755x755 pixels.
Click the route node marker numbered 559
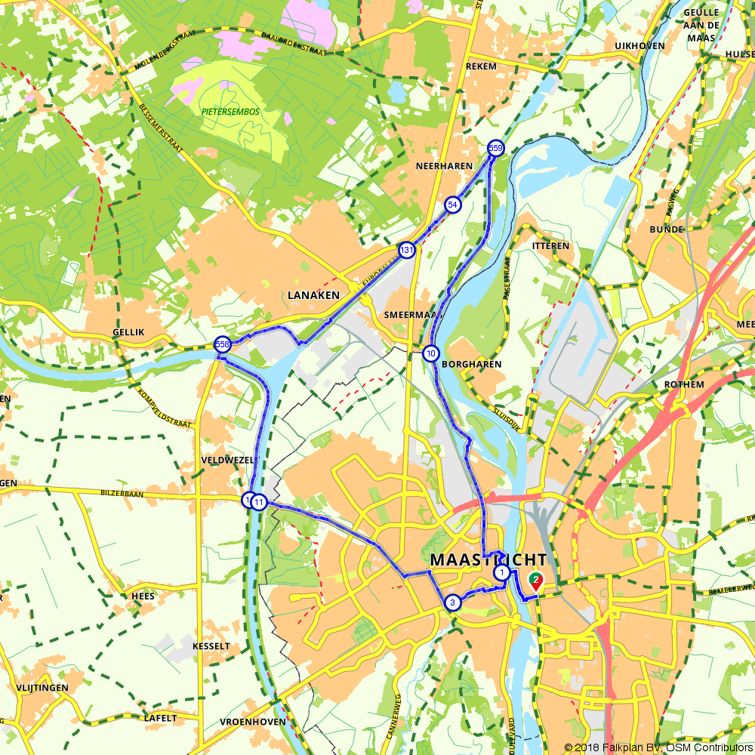pyautogui.click(x=495, y=148)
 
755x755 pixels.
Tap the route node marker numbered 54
pyautogui.click(x=452, y=205)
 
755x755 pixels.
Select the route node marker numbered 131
pyautogui.click(x=407, y=250)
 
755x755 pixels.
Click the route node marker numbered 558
pyautogui.click(x=222, y=344)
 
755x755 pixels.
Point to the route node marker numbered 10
pyautogui.click(x=430, y=353)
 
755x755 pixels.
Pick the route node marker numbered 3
pyautogui.click(x=452, y=602)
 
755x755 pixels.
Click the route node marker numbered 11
pyautogui.click(x=259, y=502)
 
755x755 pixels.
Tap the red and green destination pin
pyautogui.click(x=536, y=581)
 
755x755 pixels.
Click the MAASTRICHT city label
pyautogui.click(x=488, y=560)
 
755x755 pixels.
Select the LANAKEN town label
pyautogui.click(x=313, y=295)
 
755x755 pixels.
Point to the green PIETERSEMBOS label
pyautogui.click(x=230, y=111)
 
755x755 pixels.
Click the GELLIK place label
pyautogui.click(x=128, y=332)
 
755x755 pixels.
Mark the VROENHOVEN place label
pyautogui.click(x=253, y=722)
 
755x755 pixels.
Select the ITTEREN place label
pyautogui.click(x=551, y=246)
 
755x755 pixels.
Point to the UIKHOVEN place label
pyautogui.click(x=640, y=46)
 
